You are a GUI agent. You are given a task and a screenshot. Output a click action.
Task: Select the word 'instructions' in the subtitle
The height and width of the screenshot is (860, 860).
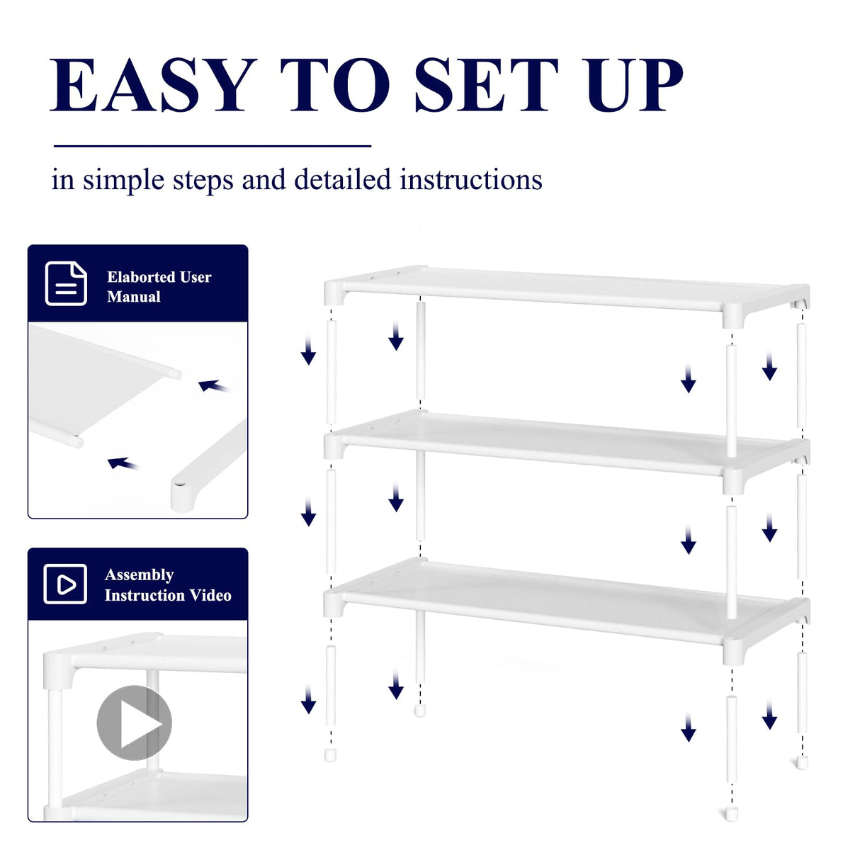click(x=470, y=180)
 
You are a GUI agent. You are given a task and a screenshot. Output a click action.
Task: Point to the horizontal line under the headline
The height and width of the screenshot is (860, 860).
click(x=213, y=146)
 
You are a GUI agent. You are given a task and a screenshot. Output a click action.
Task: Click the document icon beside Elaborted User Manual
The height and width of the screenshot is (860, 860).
click(x=66, y=283)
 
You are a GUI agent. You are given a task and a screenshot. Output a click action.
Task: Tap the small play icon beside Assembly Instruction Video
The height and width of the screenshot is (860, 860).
click(x=65, y=584)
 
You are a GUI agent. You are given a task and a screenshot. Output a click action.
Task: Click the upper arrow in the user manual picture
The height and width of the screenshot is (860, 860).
click(x=214, y=386)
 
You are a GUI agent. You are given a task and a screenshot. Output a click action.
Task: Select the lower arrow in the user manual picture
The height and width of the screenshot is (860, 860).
click(x=123, y=464)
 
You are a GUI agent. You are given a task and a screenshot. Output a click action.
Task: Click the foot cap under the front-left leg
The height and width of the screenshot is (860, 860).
click(x=330, y=755)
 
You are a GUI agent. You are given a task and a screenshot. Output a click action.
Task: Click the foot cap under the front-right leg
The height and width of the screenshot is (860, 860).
click(x=731, y=814)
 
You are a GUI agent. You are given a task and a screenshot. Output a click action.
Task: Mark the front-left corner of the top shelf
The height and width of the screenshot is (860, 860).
click(x=334, y=292)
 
